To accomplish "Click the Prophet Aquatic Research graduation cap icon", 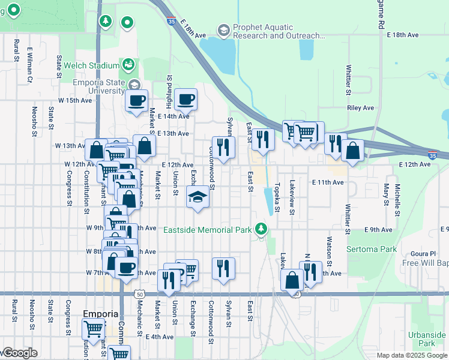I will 223,30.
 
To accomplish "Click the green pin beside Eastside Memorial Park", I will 261,229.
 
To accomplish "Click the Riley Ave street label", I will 360,108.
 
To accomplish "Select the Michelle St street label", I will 397,199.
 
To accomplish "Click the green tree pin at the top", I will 106,22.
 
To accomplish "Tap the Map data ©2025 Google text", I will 411,355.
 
